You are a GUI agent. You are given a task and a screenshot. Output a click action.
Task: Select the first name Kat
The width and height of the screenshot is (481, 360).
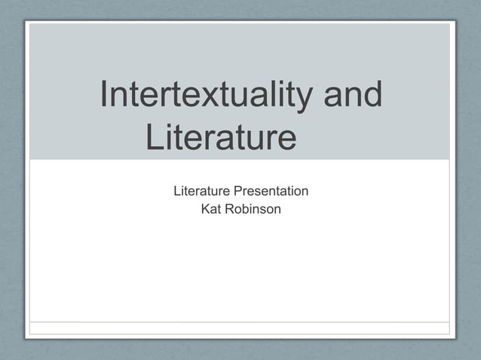(x=210, y=209)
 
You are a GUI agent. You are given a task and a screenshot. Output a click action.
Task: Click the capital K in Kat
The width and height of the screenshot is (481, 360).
(x=205, y=209)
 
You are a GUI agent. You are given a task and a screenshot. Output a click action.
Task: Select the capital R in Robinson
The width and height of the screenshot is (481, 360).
(x=228, y=209)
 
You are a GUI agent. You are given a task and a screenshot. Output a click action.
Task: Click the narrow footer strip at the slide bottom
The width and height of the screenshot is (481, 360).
(x=239, y=328)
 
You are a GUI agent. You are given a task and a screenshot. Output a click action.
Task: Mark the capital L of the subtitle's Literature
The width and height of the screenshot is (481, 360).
(x=177, y=191)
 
